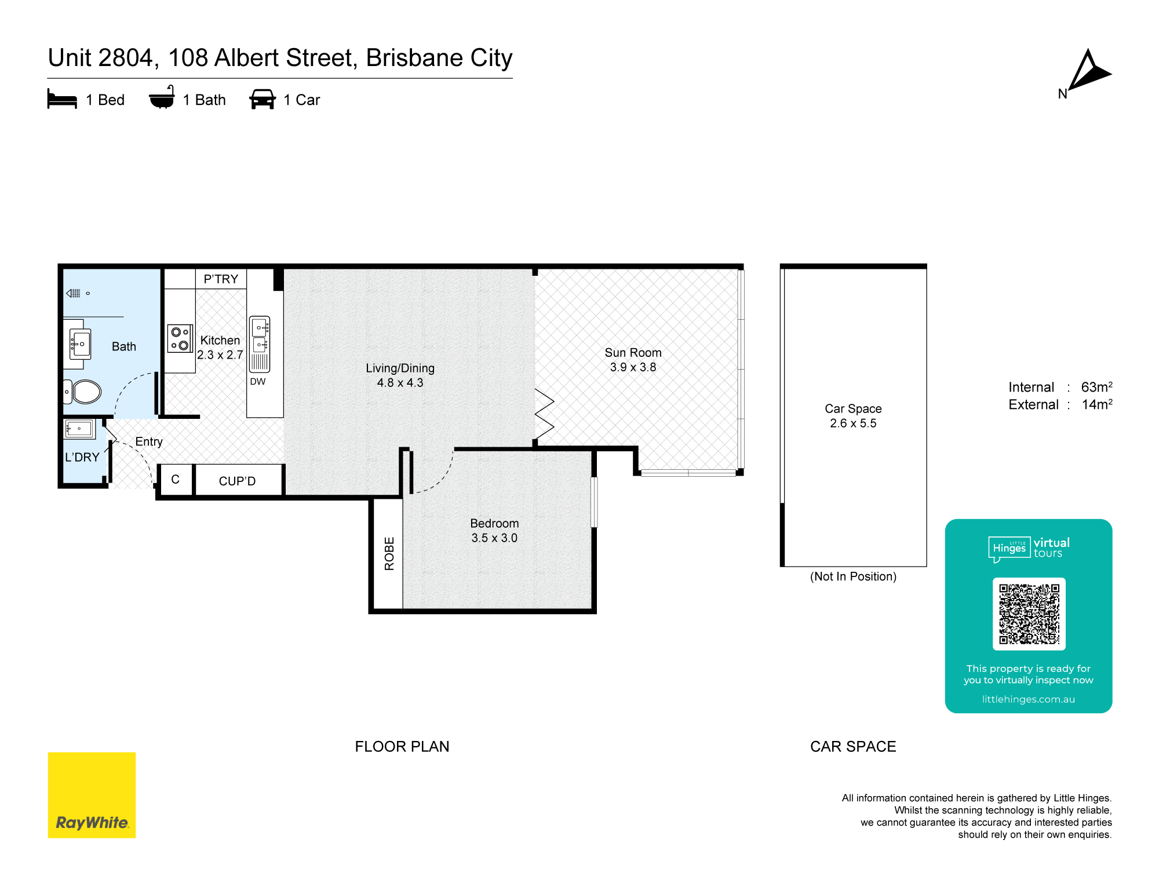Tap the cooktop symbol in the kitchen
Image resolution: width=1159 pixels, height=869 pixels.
coord(180,338)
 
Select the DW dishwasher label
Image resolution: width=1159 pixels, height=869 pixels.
coord(258,382)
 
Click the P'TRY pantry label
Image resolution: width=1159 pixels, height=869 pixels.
coord(221,279)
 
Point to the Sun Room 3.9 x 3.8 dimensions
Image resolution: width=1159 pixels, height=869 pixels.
coord(633,367)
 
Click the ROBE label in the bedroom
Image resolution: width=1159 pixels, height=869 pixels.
coord(389,553)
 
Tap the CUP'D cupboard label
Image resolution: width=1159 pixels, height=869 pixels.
coord(237,481)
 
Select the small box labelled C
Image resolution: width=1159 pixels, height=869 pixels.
coord(175,480)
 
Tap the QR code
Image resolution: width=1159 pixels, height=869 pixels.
coord(1029,614)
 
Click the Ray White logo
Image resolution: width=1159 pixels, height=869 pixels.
coord(92,795)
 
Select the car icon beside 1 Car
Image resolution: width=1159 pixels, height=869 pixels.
coord(263,99)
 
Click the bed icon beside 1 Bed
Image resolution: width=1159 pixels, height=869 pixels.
coord(62,99)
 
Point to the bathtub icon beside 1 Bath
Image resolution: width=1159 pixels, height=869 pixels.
coord(162,98)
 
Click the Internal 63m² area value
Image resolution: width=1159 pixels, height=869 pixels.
coord(1096,387)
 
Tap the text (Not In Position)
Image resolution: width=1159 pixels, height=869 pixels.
coord(853,576)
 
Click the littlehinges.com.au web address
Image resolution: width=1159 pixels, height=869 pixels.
coord(1028,699)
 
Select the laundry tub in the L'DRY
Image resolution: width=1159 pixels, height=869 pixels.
coord(79,429)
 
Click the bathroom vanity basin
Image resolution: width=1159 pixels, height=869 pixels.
coord(80,344)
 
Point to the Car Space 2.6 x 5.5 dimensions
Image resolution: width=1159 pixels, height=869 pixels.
coord(853,423)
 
